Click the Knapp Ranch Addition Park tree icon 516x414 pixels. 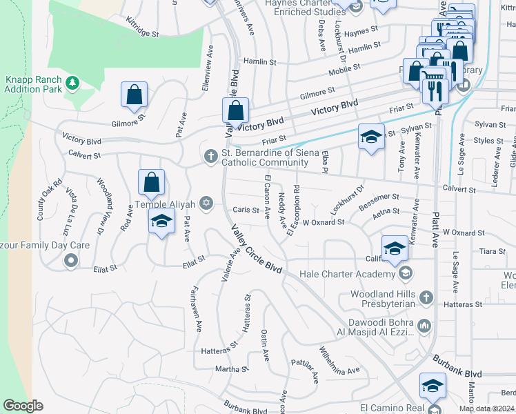click(x=72, y=83)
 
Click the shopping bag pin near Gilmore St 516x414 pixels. click(x=135, y=95)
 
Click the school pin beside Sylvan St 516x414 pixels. click(x=370, y=136)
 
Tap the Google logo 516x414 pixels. click(x=23, y=405)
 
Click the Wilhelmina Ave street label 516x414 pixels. click(x=339, y=360)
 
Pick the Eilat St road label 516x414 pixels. click(x=195, y=260)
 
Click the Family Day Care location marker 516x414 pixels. click(x=70, y=260)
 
